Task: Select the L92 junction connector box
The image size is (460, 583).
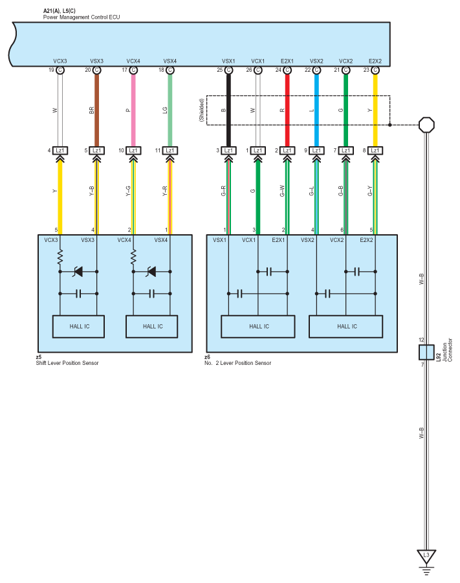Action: (426, 352)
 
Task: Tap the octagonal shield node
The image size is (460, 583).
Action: (426, 125)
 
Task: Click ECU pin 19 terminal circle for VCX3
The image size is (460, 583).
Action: (60, 70)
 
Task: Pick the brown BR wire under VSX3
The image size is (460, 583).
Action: (96, 110)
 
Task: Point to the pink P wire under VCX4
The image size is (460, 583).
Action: (133, 110)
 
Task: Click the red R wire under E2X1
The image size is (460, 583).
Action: (287, 110)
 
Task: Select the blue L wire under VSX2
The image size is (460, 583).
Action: (316, 110)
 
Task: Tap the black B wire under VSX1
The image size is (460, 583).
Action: (228, 110)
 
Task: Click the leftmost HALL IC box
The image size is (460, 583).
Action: (78, 327)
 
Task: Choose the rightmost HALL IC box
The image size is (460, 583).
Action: (346, 327)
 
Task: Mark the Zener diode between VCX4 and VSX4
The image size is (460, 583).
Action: (152, 271)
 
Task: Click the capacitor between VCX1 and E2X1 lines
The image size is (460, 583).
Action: (269, 271)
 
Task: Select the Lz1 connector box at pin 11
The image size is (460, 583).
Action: (170, 151)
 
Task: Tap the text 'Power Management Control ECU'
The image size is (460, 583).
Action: (82, 17)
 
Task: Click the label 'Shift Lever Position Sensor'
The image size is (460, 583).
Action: (67, 363)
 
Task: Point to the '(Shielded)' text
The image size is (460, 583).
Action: (201, 110)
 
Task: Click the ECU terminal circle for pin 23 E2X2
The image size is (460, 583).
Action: (375, 70)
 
